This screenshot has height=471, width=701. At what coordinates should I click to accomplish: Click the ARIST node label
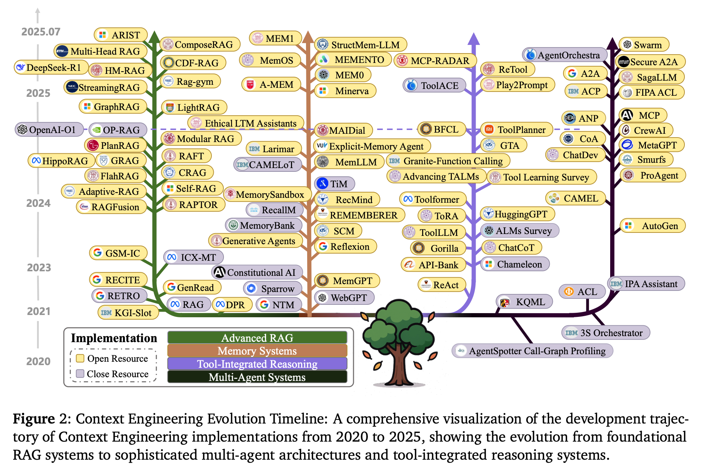pos(121,35)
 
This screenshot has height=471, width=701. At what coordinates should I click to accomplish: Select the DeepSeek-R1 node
pos(51,67)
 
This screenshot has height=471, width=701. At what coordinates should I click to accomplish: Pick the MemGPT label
pos(347,281)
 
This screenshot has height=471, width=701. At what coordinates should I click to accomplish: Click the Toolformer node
pos(433,199)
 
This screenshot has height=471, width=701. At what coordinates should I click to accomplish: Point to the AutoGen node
pos(653,226)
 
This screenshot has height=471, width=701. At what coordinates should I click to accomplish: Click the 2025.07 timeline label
pos(41,32)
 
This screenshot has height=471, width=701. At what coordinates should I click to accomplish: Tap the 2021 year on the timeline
pos(38,311)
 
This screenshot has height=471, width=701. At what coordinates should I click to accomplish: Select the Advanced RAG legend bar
pos(257,338)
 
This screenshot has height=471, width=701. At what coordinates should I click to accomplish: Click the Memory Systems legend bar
pos(257,351)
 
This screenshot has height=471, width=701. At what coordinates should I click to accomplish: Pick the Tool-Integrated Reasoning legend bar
pos(257,364)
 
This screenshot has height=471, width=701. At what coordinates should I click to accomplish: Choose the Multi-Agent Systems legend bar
pos(257,377)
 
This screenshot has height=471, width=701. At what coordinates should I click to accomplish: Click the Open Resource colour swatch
pos(80,358)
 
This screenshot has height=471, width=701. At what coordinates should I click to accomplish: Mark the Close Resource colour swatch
pos(80,374)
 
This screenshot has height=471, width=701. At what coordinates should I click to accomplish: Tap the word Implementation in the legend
pos(114,338)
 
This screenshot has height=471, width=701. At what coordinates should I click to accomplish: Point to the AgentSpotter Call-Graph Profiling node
pos(532,351)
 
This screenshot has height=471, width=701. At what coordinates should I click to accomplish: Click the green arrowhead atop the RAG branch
pos(154,37)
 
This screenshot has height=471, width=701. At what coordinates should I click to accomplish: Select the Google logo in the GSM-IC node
pos(97,252)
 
